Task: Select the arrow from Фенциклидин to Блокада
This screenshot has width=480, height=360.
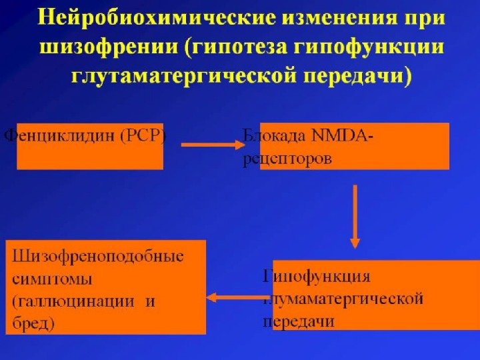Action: [x=212, y=143]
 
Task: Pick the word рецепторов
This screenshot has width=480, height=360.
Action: [x=287, y=160]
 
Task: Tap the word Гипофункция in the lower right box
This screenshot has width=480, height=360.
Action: [x=317, y=275]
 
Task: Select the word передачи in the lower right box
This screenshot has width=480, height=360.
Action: [x=298, y=321]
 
